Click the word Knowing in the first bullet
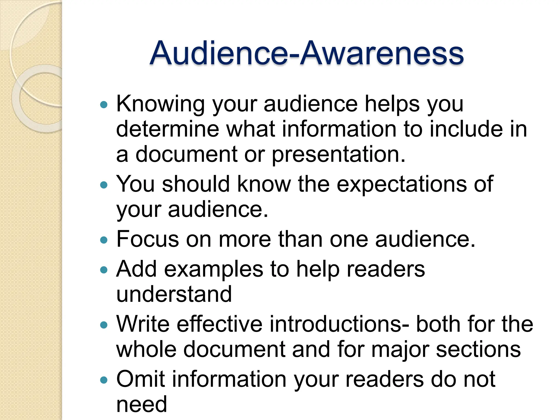(160, 104)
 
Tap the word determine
(167, 129)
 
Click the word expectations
(401, 184)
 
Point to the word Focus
(147, 239)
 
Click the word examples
(214, 269)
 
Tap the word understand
(174, 294)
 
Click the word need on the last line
(141, 404)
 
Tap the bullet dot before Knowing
(104, 104)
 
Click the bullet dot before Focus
(104, 240)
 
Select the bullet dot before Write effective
(104, 325)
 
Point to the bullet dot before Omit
(104, 380)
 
